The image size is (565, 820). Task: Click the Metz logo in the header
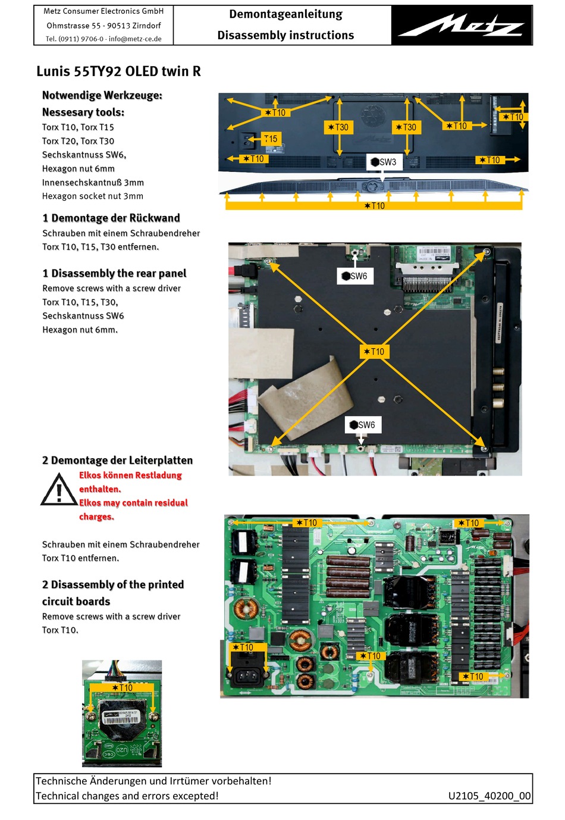tap(462, 26)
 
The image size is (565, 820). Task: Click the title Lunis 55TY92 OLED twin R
tap(118, 71)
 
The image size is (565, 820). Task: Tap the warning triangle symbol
tap(58, 490)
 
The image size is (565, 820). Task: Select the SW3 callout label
tap(383, 162)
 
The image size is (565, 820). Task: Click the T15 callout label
tap(271, 139)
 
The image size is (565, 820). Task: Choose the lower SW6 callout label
tap(362, 425)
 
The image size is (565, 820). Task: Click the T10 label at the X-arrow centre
tap(374, 352)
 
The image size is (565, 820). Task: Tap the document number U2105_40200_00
tap(489, 796)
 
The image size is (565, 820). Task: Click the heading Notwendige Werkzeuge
tap(102, 95)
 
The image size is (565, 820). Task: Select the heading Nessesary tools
tap(83, 112)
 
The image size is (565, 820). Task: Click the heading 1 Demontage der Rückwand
tap(111, 218)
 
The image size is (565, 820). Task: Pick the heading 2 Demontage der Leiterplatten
tap(117, 460)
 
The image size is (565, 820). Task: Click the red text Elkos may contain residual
tap(133, 503)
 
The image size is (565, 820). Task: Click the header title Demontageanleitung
tap(285, 14)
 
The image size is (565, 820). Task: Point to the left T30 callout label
tap(338, 127)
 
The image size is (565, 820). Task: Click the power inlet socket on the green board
tap(247, 676)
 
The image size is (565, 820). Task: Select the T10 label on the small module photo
tap(122, 688)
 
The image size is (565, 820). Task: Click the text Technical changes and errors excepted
tap(127, 796)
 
